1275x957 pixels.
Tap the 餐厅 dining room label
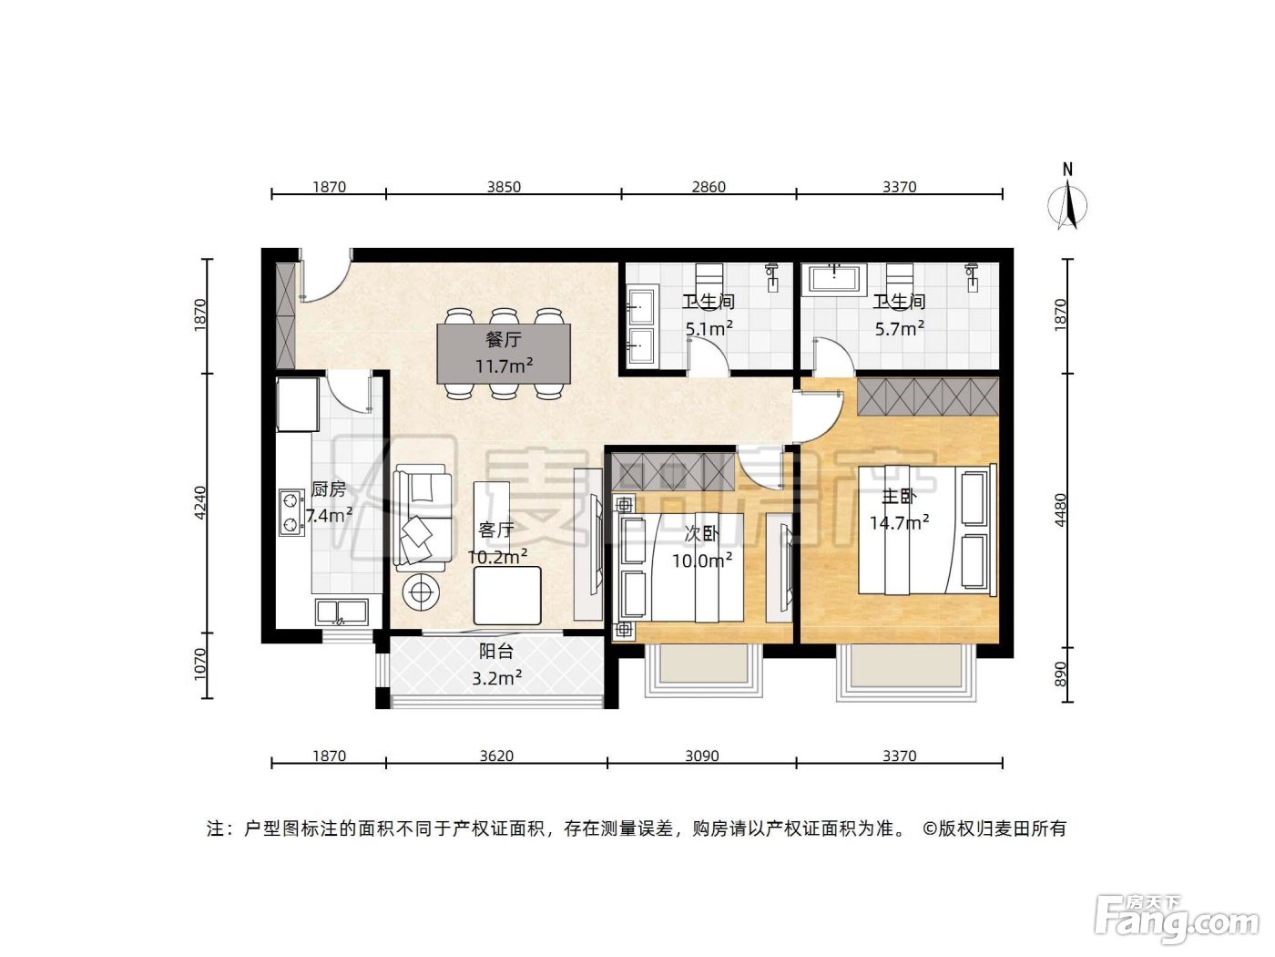(x=504, y=339)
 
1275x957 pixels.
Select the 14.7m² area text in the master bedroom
(x=899, y=522)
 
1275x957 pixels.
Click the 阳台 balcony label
(x=495, y=652)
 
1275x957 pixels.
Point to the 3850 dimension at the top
(x=504, y=187)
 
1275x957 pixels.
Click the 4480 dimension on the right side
(x=1061, y=510)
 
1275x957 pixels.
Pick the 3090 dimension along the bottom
(x=701, y=756)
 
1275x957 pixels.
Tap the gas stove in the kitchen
(x=291, y=512)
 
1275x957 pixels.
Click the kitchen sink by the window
(x=341, y=612)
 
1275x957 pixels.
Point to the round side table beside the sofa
(x=422, y=592)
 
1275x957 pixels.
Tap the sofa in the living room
(x=423, y=519)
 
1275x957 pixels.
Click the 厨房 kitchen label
(x=329, y=489)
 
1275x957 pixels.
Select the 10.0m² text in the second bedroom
(x=701, y=561)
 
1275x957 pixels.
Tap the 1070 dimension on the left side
(x=199, y=664)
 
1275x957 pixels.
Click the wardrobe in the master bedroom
(x=928, y=396)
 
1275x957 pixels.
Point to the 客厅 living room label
(x=496, y=530)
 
